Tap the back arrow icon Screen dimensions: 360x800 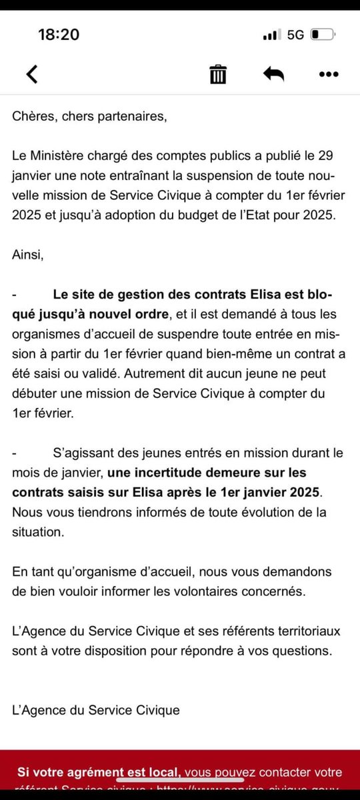pos(31,74)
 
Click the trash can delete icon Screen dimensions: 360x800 pos(217,74)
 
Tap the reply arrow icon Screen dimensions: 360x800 pos(273,74)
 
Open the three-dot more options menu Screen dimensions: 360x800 pos(329,74)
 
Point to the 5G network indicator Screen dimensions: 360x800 pos(295,35)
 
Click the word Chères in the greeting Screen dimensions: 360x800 pos(31,117)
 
